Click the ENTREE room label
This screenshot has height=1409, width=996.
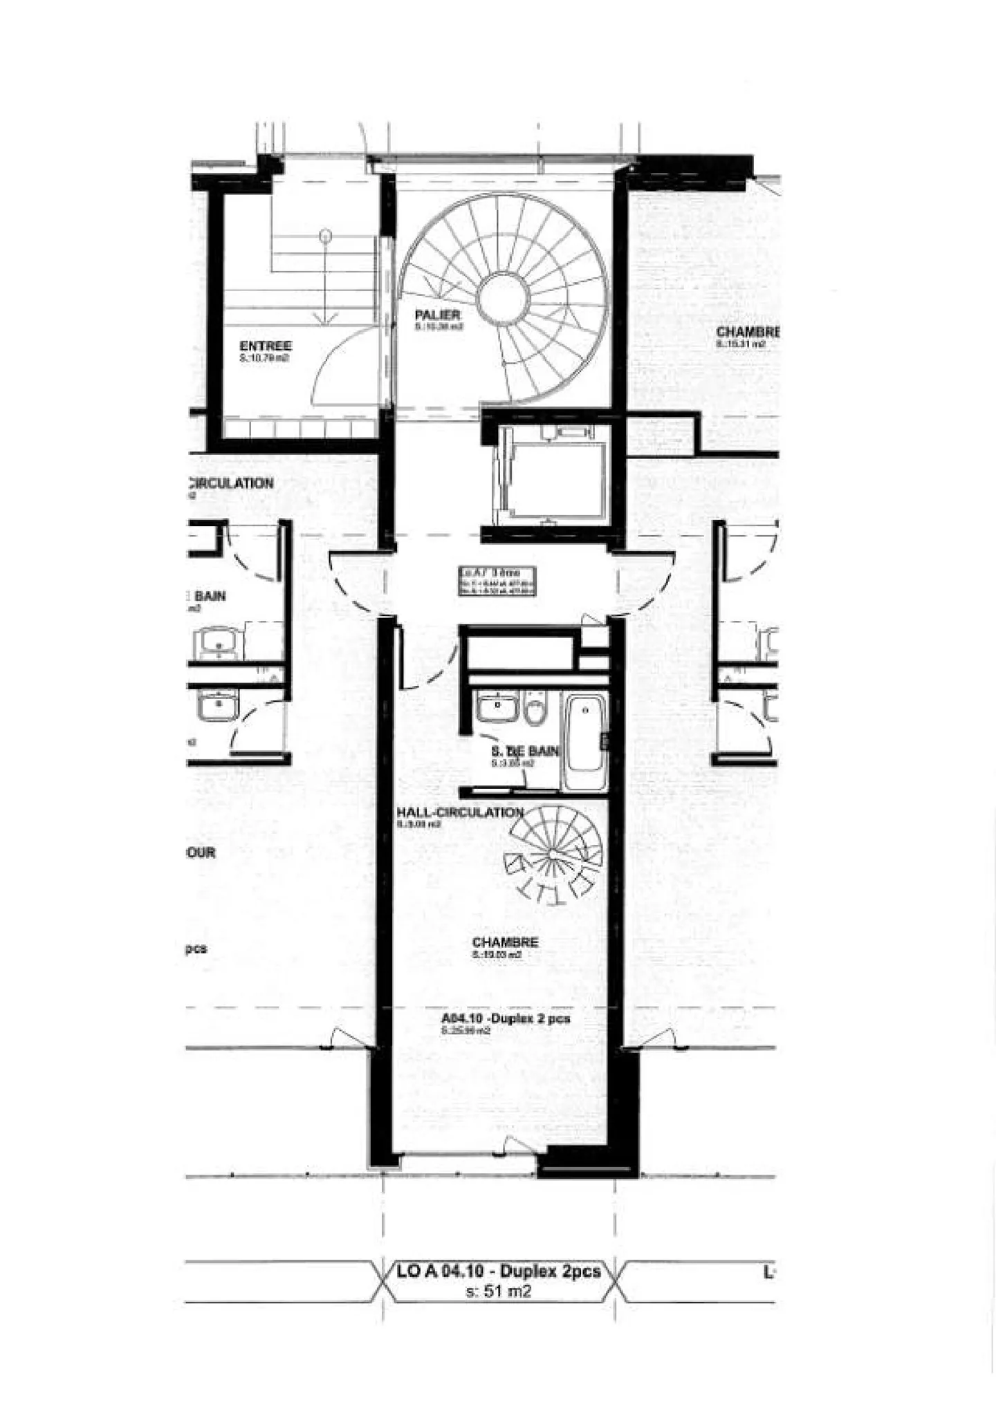tap(266, 346)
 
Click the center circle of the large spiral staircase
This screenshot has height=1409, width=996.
tap(504, 299)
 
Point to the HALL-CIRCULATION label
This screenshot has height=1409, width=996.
tap(459, 812)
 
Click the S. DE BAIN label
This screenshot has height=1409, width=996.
tap(524, 751)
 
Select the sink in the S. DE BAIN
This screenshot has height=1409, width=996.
tap(497, 707)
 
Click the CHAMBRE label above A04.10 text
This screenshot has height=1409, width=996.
tap(505, 942)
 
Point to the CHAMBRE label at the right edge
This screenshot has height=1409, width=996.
tap(748, 333)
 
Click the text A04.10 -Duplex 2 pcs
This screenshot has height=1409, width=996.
tap(506, 1018)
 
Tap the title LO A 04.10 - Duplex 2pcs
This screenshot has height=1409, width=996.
tap(498, 1271)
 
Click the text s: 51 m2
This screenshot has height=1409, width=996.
tap(498, 1291)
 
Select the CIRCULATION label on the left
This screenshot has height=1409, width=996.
tap(231, 483)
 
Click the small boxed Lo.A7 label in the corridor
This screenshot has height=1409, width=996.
tap(498, 581)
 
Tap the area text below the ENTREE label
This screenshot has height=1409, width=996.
tap(264, 359)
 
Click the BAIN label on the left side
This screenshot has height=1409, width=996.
tap(210, 596)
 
